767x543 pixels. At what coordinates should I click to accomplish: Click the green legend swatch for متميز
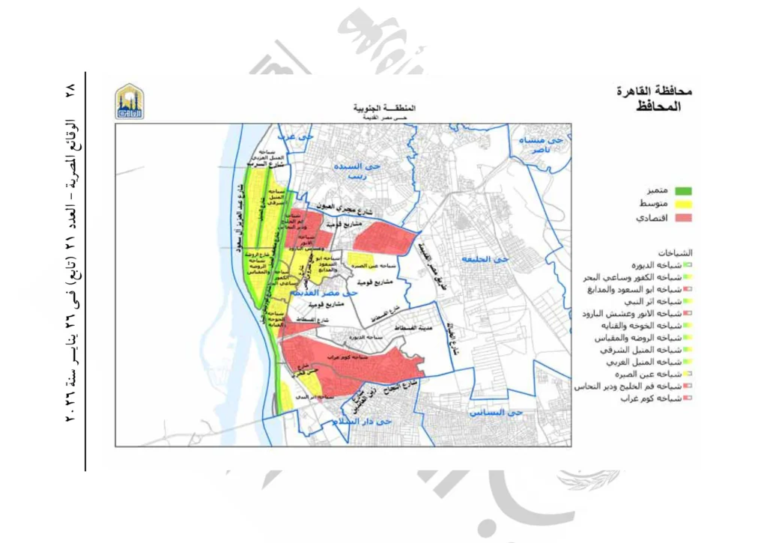[x=680, y=191]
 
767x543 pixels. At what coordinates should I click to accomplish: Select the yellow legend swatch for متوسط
[x=680, y=204]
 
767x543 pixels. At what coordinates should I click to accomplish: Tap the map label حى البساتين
[x=495, y=412]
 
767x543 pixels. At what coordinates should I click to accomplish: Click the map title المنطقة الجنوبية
[x=384, y=109]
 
